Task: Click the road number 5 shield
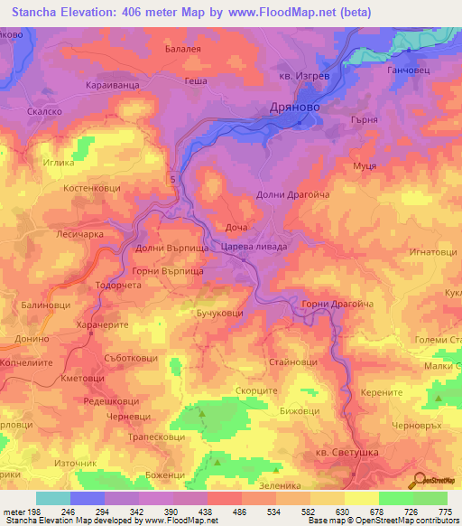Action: (171, 180)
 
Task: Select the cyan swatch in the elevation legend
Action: (52, 498)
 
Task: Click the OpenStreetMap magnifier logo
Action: (420, 480)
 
